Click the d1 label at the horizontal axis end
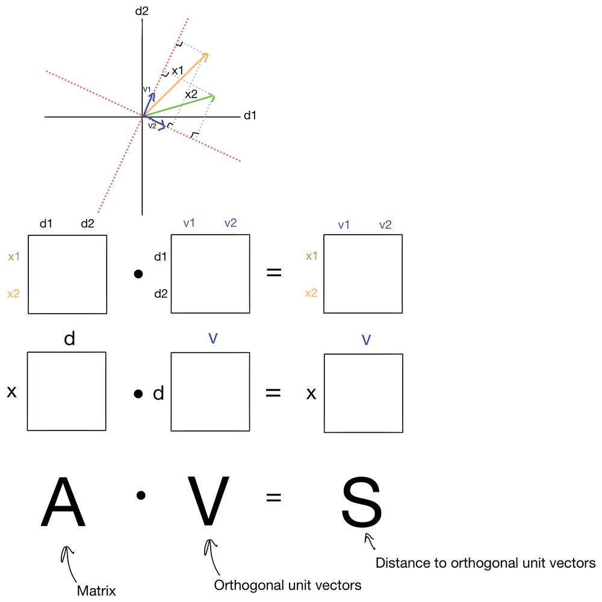point(250,116)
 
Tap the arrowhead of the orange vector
point(206,55)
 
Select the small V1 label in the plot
point(146,89)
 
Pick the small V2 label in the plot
point(152,125)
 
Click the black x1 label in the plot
point(178,71)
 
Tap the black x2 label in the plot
point(191,94)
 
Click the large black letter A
point(63,501)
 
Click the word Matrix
point(96,591)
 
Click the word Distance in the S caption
point(397,563)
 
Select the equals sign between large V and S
point(273,497)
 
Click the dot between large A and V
point(141,496)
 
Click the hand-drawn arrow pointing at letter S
point(370,541)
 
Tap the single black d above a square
point(69,339)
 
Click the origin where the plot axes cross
point(143,116)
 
